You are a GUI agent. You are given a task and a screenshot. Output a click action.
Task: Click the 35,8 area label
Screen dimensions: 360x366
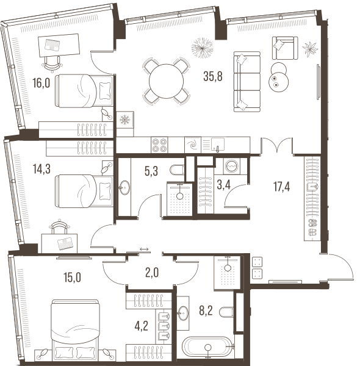coord(213,76)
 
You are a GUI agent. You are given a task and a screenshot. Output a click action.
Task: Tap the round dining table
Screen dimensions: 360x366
coord(166,81)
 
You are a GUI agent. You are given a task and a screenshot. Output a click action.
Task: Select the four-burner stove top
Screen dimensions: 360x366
coord(159,145)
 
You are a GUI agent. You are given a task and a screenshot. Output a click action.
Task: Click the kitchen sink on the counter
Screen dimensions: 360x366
coord(218,145)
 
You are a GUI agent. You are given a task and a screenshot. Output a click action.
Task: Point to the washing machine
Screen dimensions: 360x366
coord(232,166)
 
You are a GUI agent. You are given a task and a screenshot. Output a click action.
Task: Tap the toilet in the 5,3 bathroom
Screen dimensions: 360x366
coord(178,170)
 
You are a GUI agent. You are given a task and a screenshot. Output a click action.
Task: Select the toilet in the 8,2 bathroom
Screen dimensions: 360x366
coord(226,312)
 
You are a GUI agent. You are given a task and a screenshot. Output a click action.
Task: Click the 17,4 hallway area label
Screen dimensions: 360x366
coord(281,187)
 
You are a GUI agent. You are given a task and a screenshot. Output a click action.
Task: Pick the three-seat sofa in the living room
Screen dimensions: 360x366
coord(247,82)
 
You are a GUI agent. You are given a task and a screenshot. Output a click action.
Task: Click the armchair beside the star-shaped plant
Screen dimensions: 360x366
coord(285,48)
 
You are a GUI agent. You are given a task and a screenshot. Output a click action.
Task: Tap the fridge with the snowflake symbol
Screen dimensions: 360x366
coord(125,120)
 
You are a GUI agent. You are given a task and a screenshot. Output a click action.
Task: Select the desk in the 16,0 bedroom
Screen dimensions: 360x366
coord(59,45)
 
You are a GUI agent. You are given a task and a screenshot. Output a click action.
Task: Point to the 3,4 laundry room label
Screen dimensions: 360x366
coord(224,185)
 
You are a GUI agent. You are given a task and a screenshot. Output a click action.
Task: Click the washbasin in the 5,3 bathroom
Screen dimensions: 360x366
coord(124,187)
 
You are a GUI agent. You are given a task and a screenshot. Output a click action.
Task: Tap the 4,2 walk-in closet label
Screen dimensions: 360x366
coord(141,326)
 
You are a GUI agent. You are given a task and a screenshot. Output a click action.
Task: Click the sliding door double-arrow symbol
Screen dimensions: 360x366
coord(144,249)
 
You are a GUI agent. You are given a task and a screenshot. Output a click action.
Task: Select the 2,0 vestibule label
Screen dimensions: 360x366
coord(152,273)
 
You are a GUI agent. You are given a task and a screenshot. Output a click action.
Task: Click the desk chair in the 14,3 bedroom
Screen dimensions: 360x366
coord(59,226)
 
